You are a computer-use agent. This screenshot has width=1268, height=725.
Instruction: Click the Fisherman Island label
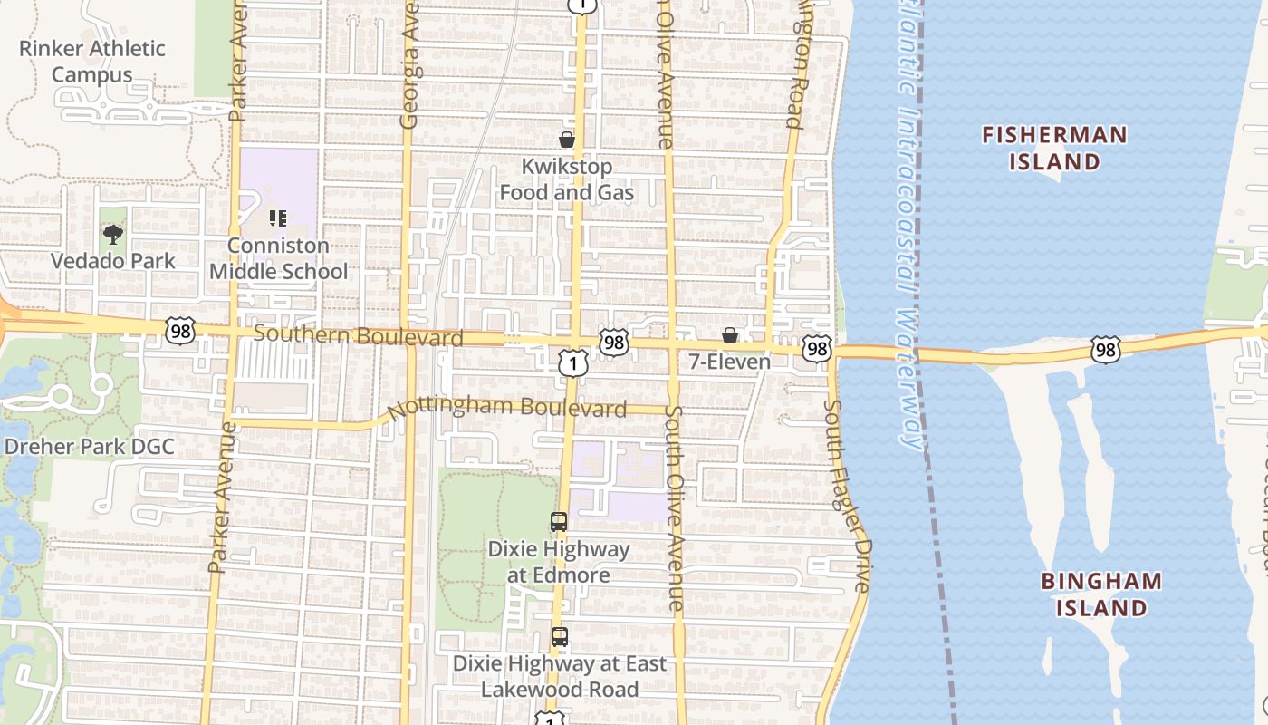pos(1055,149)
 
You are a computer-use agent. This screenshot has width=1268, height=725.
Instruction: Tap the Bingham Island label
pos(1101,594)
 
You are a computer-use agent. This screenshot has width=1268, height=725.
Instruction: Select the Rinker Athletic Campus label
pos(92,62)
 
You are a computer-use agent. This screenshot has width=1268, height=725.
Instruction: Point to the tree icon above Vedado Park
pos(113,236)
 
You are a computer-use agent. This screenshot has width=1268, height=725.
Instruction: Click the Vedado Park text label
pos(113,261)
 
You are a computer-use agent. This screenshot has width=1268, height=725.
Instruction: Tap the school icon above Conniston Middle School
pos(278,218)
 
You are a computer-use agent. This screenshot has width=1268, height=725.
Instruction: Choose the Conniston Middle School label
pos(278,258)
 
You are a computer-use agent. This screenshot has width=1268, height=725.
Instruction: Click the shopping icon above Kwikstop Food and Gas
pos(567,140)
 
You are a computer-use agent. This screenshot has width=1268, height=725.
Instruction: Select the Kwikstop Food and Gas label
pos(567,179)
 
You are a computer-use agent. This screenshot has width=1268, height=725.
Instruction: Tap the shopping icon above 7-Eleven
pos(730,336)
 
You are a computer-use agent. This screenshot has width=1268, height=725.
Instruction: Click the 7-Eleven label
pos(730,362)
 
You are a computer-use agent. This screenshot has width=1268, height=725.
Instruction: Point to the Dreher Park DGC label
pos(90,447)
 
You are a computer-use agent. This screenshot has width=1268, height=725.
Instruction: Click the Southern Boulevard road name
pos(358,335)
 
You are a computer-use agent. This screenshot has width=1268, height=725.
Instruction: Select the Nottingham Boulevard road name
pos(507,407)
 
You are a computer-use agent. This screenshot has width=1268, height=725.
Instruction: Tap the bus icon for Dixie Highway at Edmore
pos(559,522)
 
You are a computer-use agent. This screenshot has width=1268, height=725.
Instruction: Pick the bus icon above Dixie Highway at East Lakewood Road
pos(560,637)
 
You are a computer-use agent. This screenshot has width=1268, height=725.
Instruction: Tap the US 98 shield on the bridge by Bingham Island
pos(1106,350)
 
